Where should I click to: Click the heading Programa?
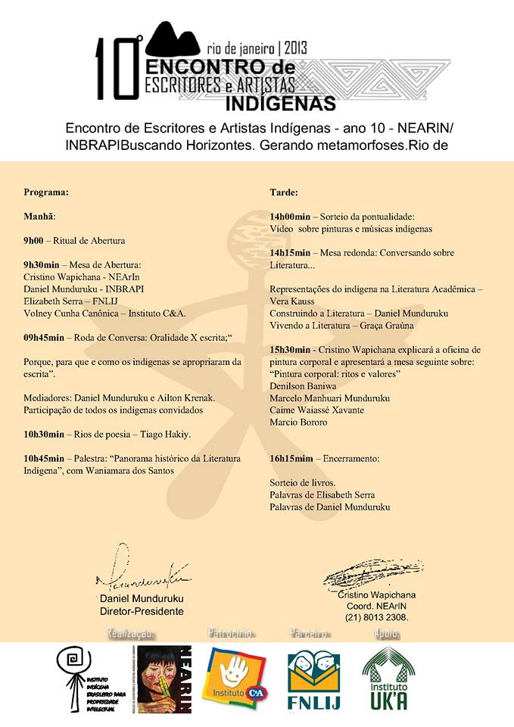click(46, 192)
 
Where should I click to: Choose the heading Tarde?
click(284, 192)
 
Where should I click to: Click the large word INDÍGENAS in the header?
click(282, 100)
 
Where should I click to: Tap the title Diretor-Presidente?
click(142, 611)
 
